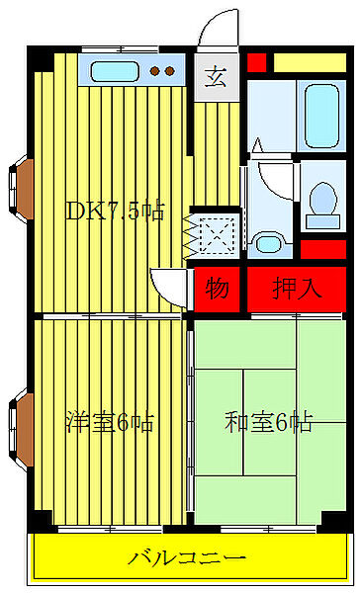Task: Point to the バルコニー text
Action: point(187,557)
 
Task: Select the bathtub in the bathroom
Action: point(321,117)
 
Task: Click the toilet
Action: point(320,203)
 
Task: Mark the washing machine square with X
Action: point(215,235)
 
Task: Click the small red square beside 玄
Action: point(257,62)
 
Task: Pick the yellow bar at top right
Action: point(309,62)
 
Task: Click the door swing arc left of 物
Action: point(170,288)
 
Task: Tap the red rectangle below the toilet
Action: point(322,249)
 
